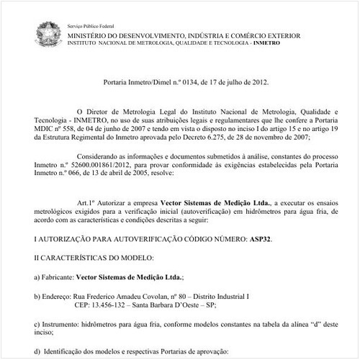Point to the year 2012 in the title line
tap(259, 82)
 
